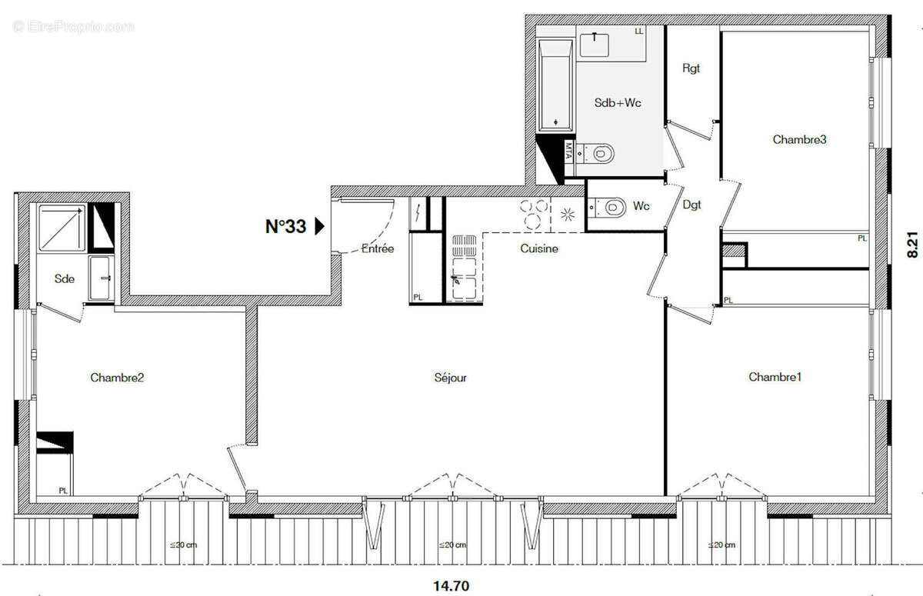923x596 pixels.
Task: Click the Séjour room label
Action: tap(450, 378)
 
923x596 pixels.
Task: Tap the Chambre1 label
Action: tap(775, 377)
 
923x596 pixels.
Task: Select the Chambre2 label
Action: tap(117, 378)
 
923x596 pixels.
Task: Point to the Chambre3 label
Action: tap(799, 139)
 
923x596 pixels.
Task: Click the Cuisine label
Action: tap(539, 248)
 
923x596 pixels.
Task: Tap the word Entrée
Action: tap(378, 248)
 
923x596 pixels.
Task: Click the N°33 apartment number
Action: tap(285, 226)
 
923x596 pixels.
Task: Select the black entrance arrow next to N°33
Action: tap(320, 226)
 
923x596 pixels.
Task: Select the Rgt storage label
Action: tap(691, 68)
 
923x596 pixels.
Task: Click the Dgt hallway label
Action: tap(691, 205)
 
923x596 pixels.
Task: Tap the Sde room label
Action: tap(65, 278)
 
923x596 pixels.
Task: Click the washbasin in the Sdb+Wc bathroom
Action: tap(595, 42)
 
